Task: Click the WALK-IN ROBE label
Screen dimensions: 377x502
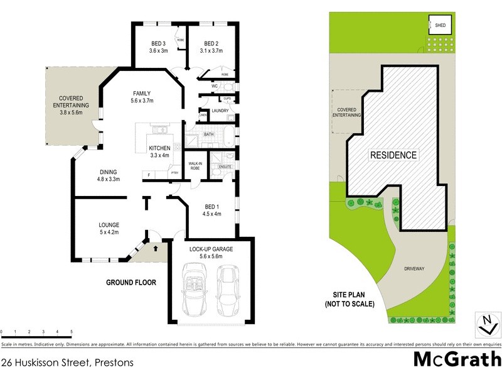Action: pyautogui.click(x=195, y=166)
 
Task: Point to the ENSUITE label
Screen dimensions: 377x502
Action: pyautogui.click(x=225, y=167)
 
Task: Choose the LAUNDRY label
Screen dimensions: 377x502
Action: pyautogui.click(x=220, y=111)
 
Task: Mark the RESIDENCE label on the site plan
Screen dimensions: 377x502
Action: pyautogui.click(x=392, y=155)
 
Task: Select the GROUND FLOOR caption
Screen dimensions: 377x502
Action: pyautogui.click(x=131, y=283)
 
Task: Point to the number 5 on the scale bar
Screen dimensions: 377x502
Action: pyautogui.click(x=72, y=331)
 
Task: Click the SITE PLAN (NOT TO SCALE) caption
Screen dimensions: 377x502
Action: pyautogui.click(x=350, y=299)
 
